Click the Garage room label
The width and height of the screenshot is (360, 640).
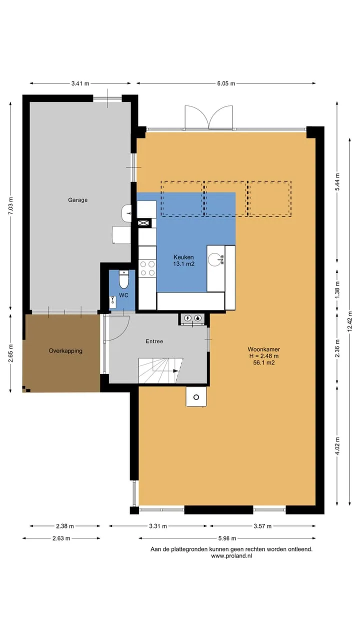click(77, 200)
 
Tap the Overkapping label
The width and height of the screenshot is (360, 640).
click(65, 351)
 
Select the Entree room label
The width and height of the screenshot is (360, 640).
click(154, 341)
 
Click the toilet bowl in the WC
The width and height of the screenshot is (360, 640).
click(123, 279)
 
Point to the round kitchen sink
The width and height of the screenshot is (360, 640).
click(214, 259)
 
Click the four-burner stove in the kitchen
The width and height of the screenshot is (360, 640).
click(147, 268)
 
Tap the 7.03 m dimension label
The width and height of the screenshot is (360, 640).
click(10, 205)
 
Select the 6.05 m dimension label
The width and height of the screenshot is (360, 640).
click(226, 83)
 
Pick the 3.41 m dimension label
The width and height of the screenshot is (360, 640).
click(80, 83)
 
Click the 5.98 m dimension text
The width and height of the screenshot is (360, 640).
click(227, 538)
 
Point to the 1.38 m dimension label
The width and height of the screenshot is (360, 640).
click(337, 289)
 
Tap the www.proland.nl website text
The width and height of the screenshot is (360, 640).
click(231, 555)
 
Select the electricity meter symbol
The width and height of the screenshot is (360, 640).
click(187, 318)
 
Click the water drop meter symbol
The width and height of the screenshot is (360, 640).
click(197, 318)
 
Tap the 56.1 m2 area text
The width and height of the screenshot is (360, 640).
click(264, 363)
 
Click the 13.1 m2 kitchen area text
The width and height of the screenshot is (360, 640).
click(183, 263)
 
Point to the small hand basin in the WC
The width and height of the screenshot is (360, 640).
click(113, 302)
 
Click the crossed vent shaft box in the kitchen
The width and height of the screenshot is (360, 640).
click(144, 223)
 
